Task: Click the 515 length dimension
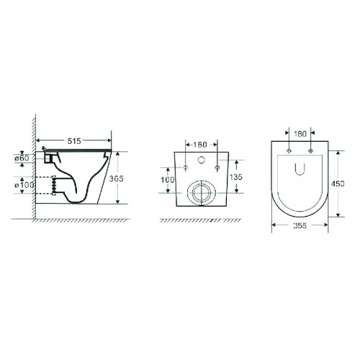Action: coord(74,141)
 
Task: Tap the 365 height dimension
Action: coord(116,179)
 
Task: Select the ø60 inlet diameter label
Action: coord(22,158)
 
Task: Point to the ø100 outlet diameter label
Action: coord(24,185)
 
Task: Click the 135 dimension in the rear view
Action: coord(236,177)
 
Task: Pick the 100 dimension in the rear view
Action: coord(168,179)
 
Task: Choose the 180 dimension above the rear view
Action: coord(200,145)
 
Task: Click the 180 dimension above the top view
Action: coord(300,134)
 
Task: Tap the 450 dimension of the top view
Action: coord(338,184)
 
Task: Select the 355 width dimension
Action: coord(300,225)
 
